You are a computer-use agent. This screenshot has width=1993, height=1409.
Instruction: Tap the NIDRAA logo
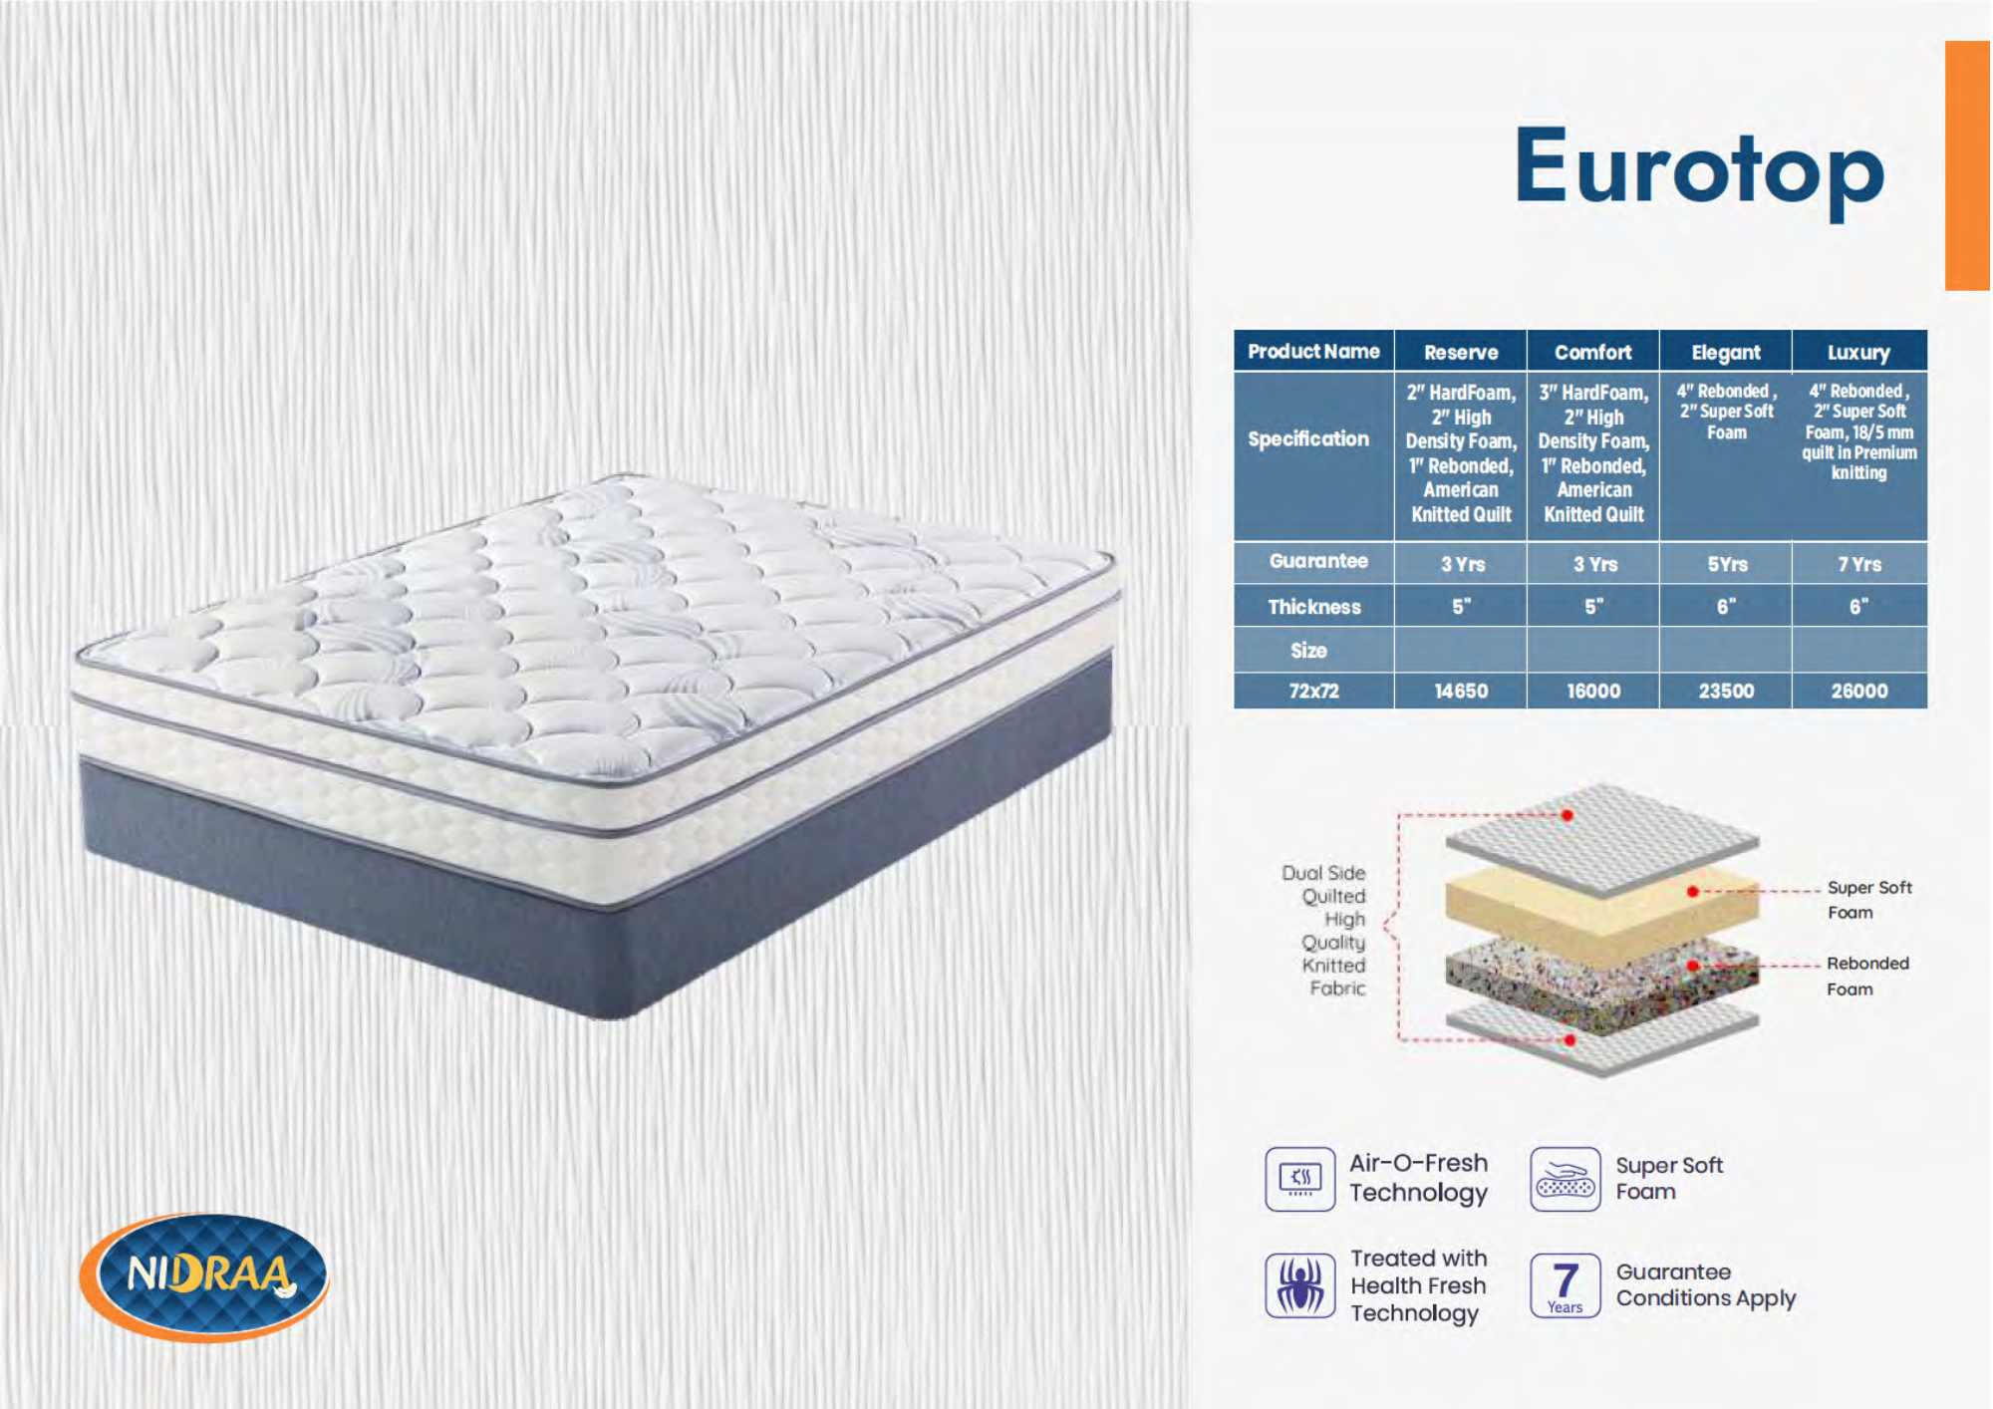pyautogui.click(x=204, y=1276)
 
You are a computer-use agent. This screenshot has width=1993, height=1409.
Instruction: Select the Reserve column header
pyautogui.click(x=1461, y=352)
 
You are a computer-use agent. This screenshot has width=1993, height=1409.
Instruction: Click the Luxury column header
pyautogui.click(x=1859, y=352)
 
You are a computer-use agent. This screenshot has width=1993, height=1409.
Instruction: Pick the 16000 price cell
pyautogui.click(x=1593, y=691)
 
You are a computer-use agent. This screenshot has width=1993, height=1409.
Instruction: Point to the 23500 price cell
pyautogui.click(x=1726, y=691)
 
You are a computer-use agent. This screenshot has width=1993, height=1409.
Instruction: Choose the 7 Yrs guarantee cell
pyautogui.click(x=1859, y=564)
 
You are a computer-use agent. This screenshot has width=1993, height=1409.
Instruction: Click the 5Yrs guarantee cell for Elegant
pyautogui.click(x=1727, y=564)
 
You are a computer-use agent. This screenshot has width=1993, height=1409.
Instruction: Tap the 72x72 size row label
pyautogui.click(x=1313, y=691)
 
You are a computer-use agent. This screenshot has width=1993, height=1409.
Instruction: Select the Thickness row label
pyautogui.click(x=1313, y=607)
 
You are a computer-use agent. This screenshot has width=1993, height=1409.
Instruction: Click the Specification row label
pyautogui.click(x=1308, y=439)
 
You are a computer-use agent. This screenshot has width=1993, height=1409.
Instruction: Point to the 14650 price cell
pyautogui.click(x=1461, y=691)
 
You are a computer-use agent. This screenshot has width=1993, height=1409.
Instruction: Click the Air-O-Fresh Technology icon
pyautogui.click(x=1300, y=1179)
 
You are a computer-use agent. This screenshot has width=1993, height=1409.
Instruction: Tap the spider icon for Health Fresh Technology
pyautogui.click(x=1300, y=1285)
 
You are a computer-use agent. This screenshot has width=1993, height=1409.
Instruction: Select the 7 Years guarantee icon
pyautogui.click(x=1566, y=1285)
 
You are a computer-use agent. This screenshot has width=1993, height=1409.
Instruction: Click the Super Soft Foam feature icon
pyautogui.click(x=1566, y=1179)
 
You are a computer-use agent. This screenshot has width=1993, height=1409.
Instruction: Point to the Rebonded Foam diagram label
pyautogui.click(x=1867, y=976)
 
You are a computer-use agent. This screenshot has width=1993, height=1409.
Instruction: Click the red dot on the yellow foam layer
pyautogui.click(x=1693, y=891)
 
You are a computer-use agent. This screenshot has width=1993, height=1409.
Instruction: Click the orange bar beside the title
pyautogui.click(x=1968, y=165)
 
